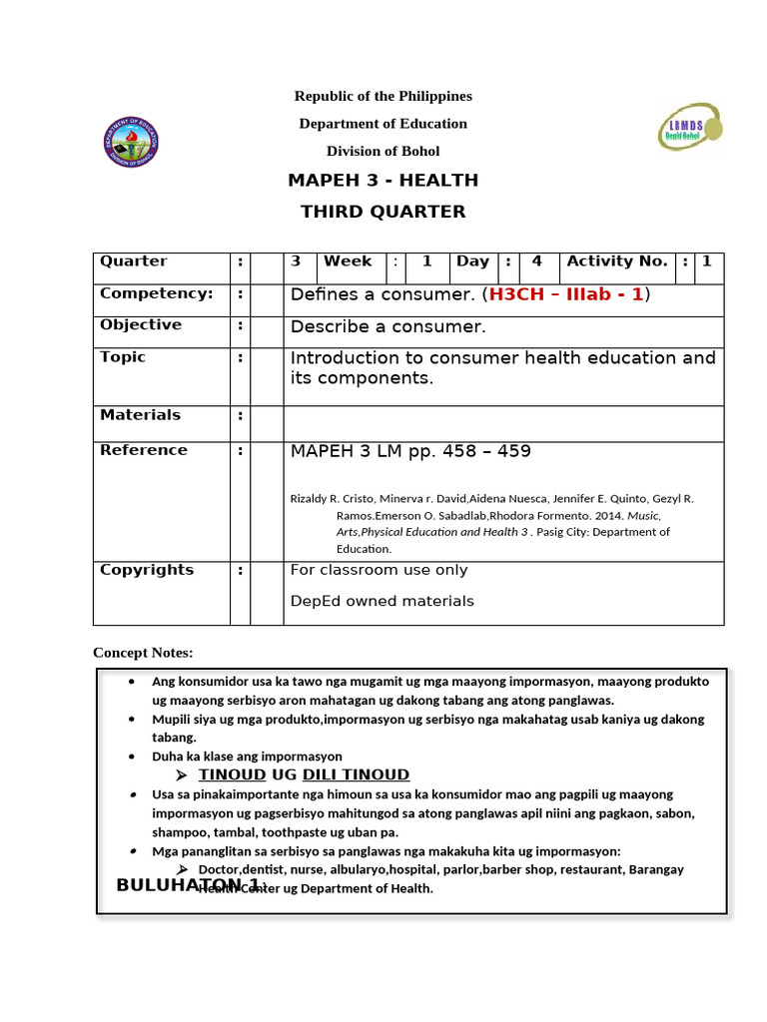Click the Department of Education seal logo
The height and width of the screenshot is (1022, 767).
tap(131, 142)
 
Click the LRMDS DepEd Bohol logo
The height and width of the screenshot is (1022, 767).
tap(689, 127)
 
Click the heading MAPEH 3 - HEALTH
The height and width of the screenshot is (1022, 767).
tap(383, 181)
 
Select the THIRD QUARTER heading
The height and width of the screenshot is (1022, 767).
tap(383, 212)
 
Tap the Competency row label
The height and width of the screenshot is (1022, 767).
tap(157, 293)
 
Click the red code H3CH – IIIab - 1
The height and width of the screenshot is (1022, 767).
tap(566, 294)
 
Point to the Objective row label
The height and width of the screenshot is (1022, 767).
tap(141, 325)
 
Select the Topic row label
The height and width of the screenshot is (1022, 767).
tap(123, 357)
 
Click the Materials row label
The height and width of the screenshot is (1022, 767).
tap(141, 415)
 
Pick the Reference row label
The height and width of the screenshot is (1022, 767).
tap(144, 450)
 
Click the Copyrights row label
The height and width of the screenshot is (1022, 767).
tap(147, 570)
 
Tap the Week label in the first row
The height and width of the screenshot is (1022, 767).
tap(348, 261)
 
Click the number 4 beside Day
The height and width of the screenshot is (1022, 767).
tap(536, 261)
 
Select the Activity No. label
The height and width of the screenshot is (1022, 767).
tap(617, 261)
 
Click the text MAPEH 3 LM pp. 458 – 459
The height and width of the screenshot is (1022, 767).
tap(410, 452)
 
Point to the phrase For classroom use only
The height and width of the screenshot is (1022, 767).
tap(379, 570)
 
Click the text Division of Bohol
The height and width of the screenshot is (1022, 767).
tap(383, 152)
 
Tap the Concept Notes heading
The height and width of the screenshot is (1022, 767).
tap(143, 653)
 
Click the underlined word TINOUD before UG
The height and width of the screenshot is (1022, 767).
tap(232, 775)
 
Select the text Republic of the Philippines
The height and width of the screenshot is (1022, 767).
tap(383, 96)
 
